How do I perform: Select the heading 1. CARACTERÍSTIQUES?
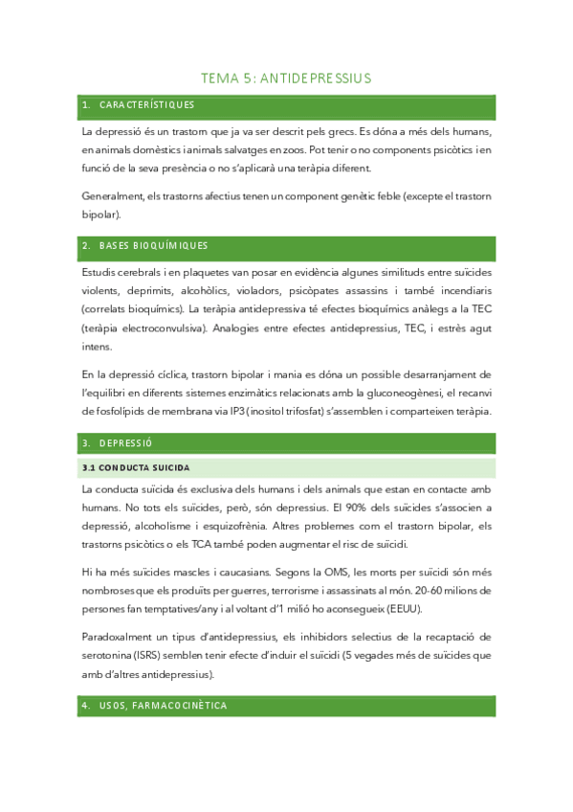click(139, 104)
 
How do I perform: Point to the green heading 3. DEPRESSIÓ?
click(125, 443)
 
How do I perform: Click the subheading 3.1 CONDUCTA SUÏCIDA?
click(137, 467)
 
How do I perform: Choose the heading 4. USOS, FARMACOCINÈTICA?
click(154, 706)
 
